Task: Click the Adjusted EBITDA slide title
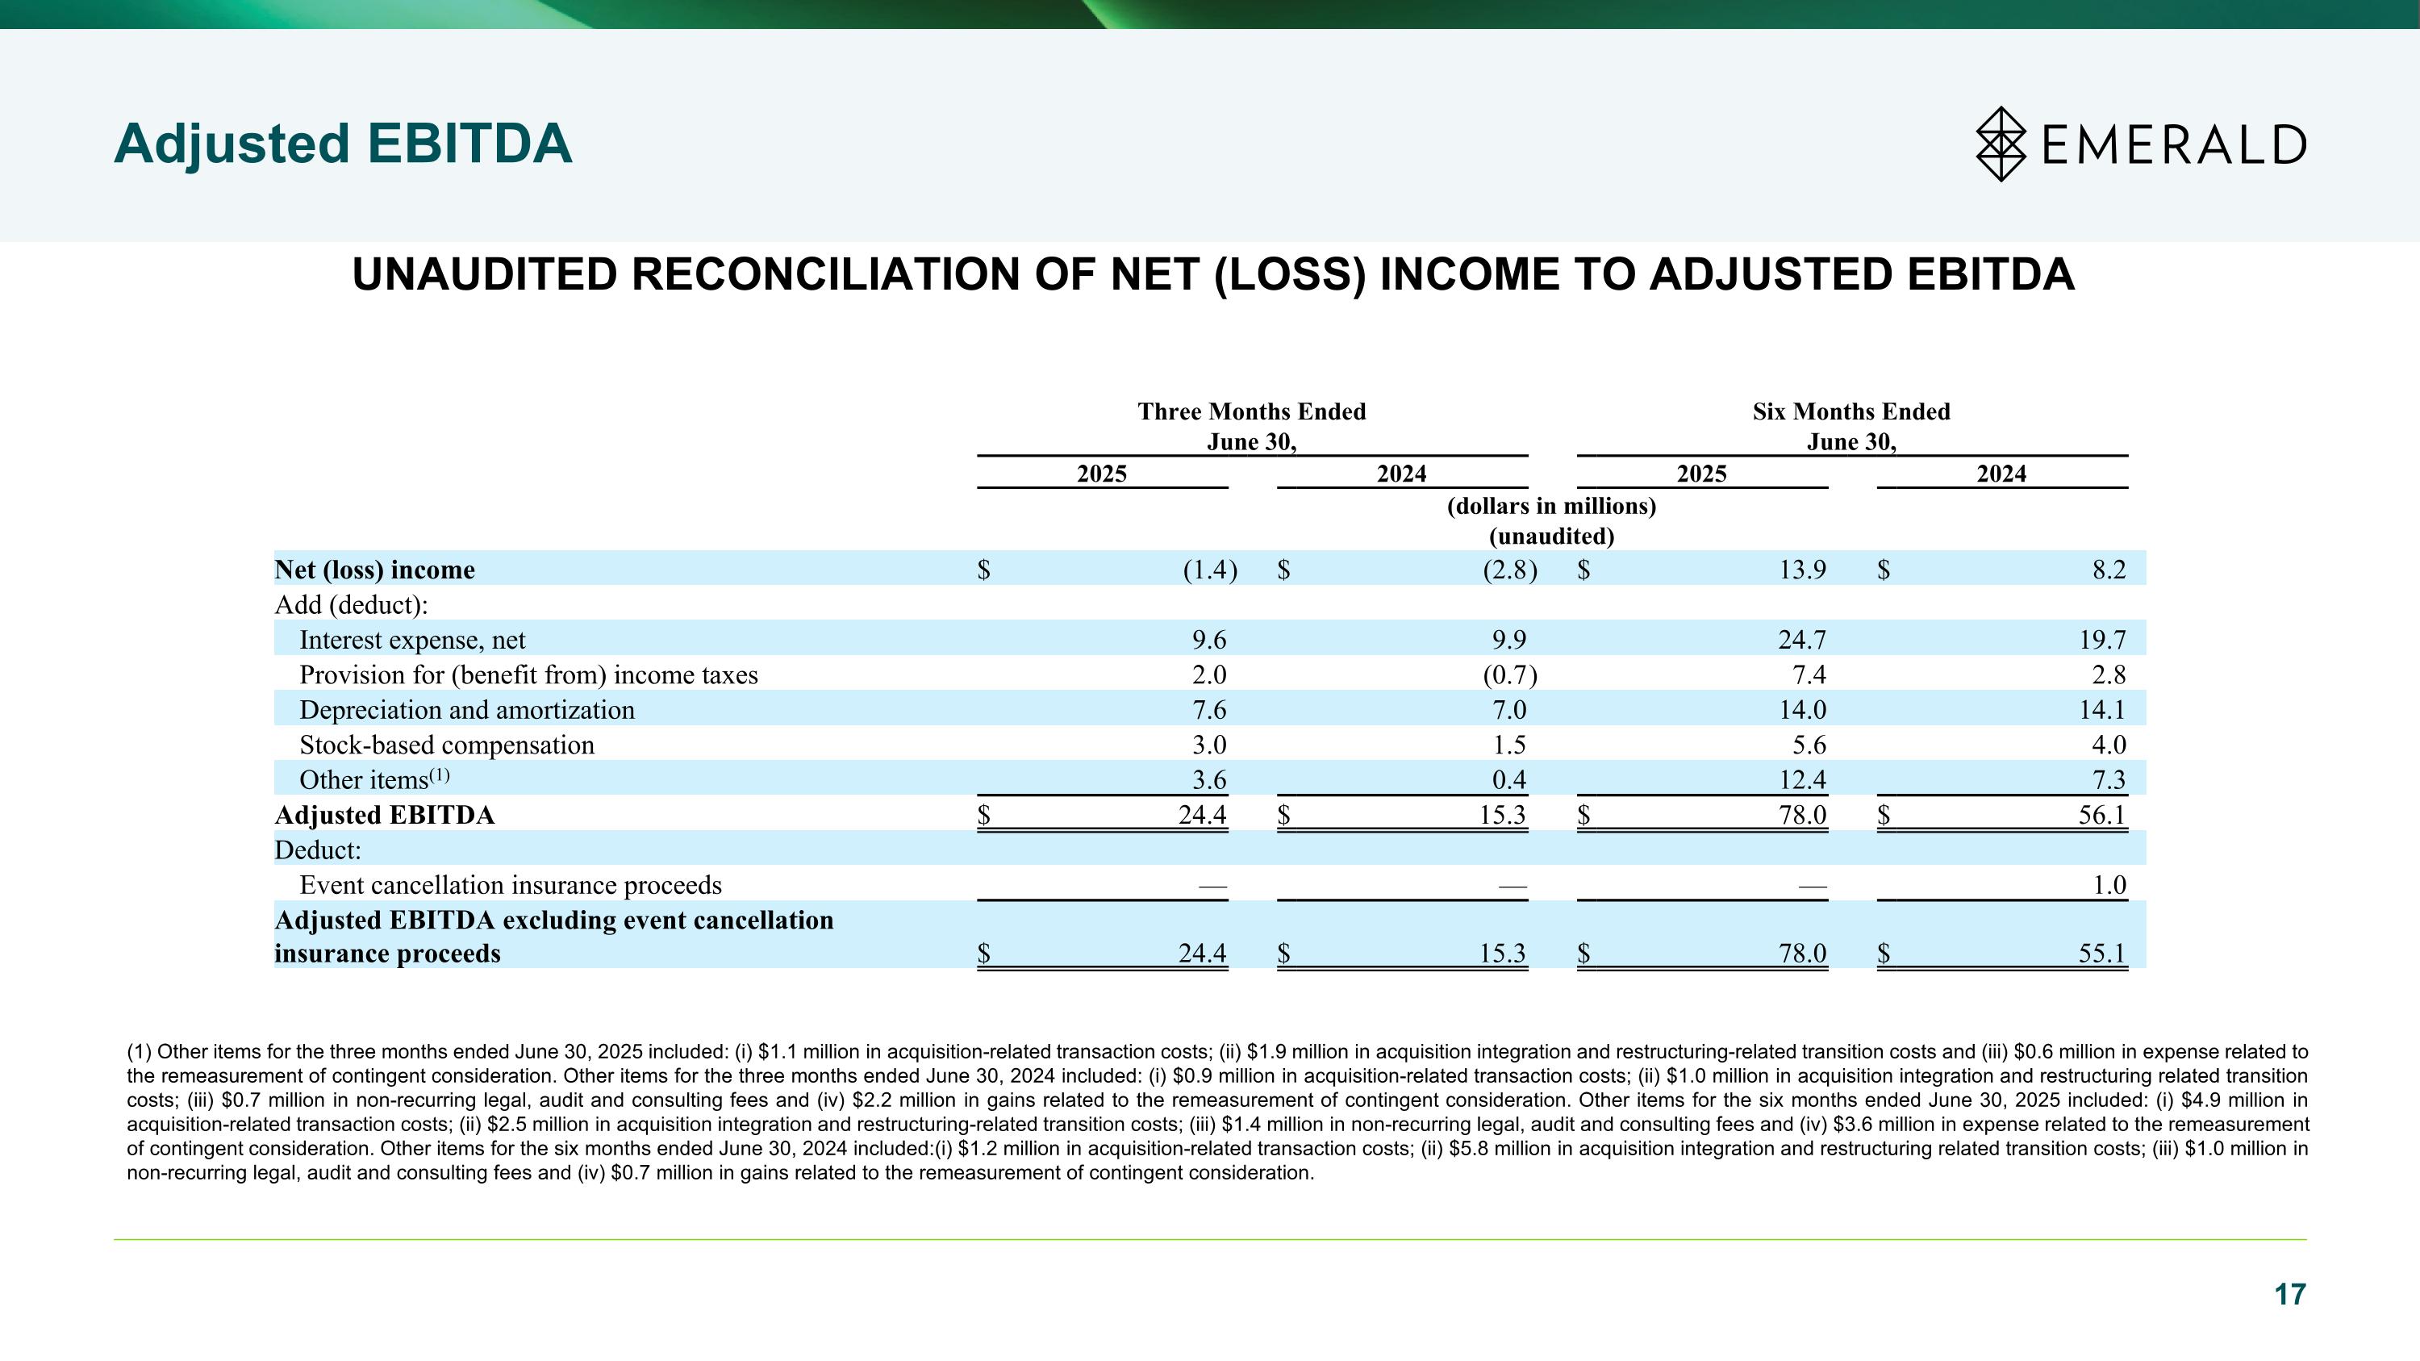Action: (342, 144)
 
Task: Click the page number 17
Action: (2289, 1294)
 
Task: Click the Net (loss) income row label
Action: (374, 570)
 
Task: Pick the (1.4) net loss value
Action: (1209, 570)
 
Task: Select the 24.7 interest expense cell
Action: (1802, 640)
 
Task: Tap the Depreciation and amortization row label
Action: (467, 710)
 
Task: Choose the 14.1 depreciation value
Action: (2101, 710)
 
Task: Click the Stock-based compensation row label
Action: (446, 745)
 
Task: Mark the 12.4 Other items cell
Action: (1802, 779)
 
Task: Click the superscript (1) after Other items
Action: (440, 775)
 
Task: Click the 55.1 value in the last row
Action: (2101, 954)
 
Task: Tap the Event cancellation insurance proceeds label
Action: (510, 885)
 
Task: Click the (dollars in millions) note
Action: (1551, 507)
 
